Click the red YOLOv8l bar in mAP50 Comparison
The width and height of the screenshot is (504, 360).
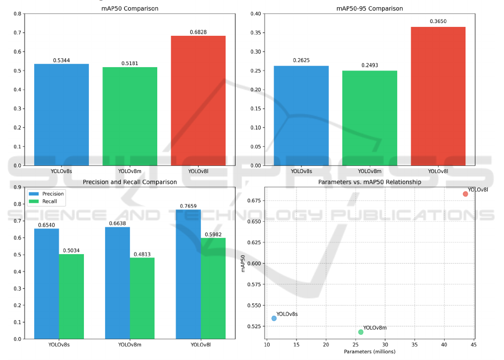point(199,101)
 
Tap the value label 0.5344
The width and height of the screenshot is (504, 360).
point(62,59)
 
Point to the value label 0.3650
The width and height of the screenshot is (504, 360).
point(438,22)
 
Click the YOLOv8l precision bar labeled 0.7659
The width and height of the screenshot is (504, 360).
point(188,274)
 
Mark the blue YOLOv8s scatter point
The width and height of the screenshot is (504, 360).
point(274,318)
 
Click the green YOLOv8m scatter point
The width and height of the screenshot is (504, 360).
point(361,332)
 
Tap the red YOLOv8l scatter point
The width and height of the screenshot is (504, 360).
point(465,194)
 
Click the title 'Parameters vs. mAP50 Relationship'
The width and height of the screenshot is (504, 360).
point(370,183)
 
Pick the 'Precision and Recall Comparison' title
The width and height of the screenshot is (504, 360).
point(130,183)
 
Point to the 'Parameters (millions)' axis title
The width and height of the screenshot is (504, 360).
point(370,352)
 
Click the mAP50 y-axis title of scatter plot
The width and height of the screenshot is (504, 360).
point(243,263)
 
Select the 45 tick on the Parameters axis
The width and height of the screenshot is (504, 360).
point(474,344)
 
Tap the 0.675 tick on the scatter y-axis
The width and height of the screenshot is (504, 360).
point(253,200)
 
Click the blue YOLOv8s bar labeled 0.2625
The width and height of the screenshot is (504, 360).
point(301,115)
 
